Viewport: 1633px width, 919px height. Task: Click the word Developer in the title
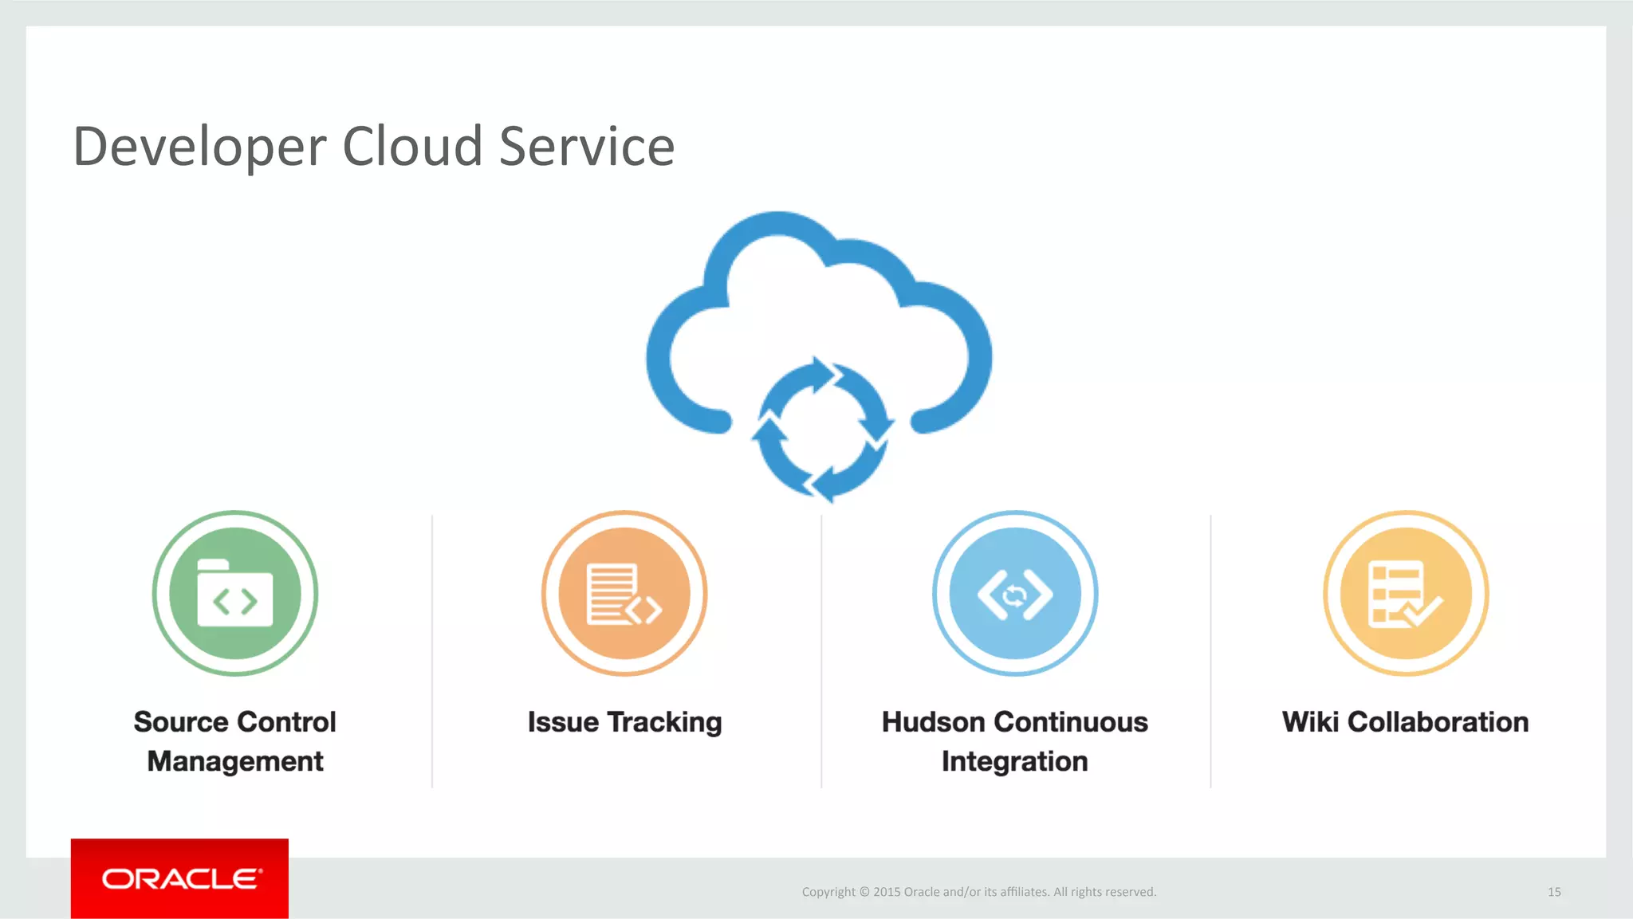tap(199, 147)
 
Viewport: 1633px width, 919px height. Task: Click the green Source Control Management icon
tap(235, 594)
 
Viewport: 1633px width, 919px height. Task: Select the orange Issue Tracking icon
tap(624, 594)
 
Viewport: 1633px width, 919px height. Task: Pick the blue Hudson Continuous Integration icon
tap(1015, 594)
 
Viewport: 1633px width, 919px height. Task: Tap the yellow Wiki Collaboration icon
tap(1406, 594)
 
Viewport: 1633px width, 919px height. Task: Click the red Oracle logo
tap(179, 878)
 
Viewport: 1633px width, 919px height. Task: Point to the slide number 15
tap(1554, 892)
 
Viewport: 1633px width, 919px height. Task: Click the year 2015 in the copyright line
tap(887, 892)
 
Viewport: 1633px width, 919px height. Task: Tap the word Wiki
tap(1310, 722)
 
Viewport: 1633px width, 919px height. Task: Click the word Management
tap(235, 762)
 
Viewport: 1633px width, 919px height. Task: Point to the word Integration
tap(1015, 762)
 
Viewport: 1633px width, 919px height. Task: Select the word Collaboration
tap(1438, 722)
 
